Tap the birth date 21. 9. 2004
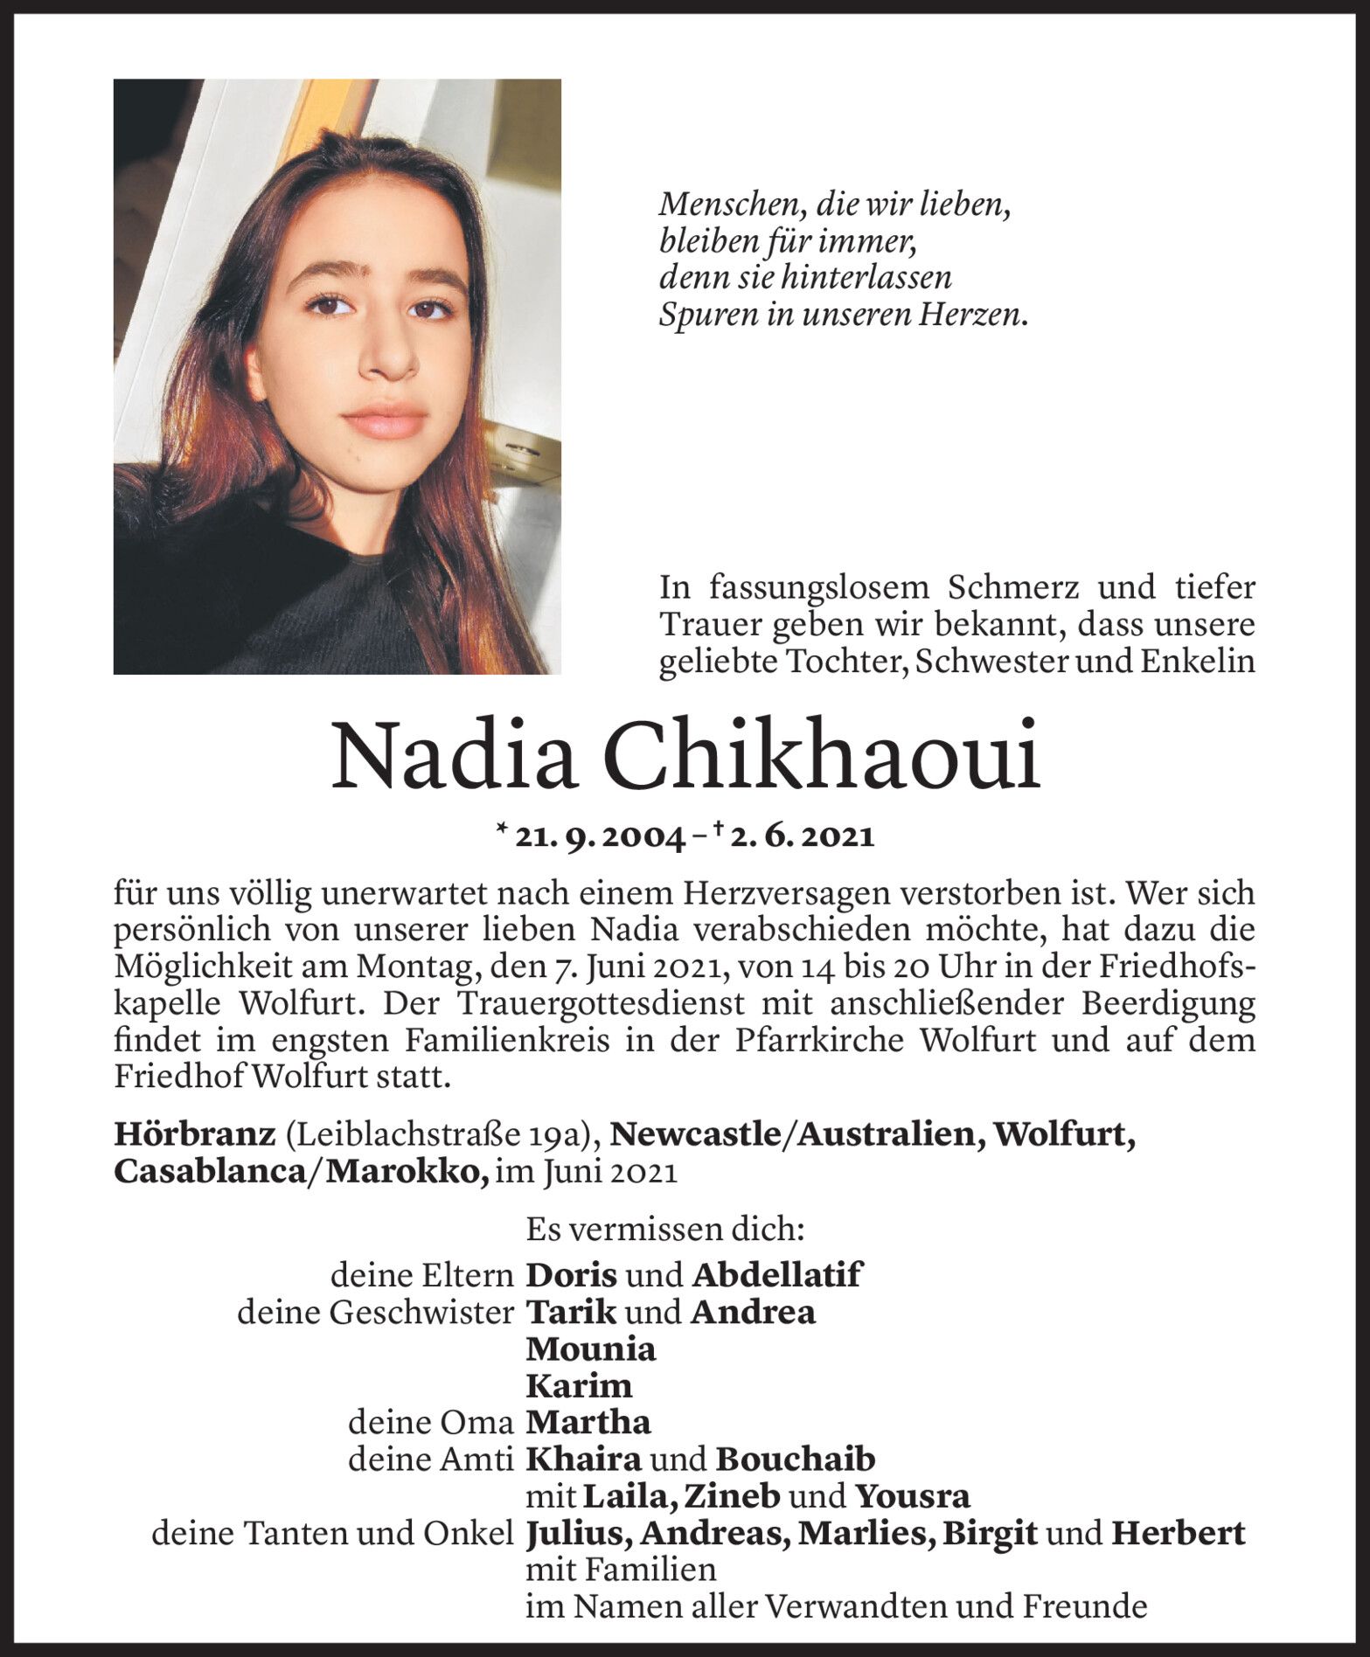click(x=601, y=837)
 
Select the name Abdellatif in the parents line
click(x=776, y=1275)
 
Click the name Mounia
click(x=590, y=1349)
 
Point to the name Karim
click(x=578, y=1386)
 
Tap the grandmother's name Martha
click(x=588, y=1423)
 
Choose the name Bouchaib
click(x=795, y=1459)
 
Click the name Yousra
click(x=912, y=1497)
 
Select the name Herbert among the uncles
click(x=1178, y=1534)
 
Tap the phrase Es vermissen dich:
click(x=664, y=1230)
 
